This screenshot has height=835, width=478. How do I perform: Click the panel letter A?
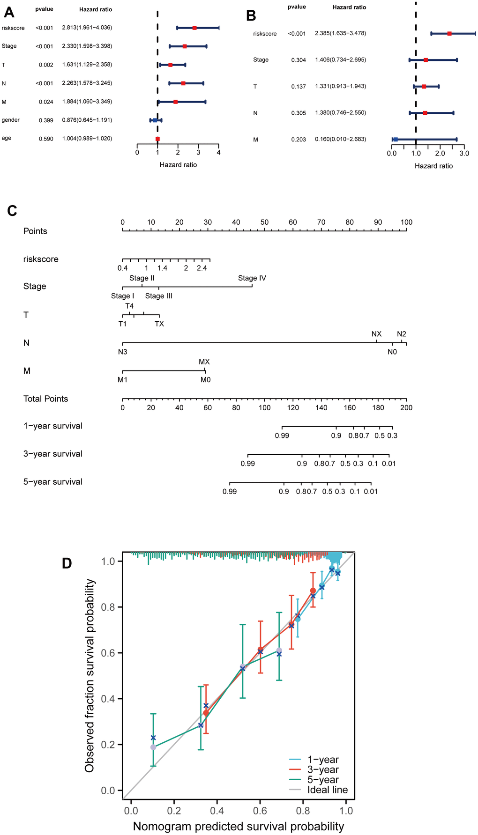[9, 12]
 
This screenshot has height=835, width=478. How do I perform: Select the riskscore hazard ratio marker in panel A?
[194, 28]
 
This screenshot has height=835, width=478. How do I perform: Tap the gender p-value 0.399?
[46, 120]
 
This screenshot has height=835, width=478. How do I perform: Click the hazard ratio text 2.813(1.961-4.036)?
[87, 28]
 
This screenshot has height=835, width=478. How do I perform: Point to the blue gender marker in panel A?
[155, 120]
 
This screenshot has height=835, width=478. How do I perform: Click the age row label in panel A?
[7, 138]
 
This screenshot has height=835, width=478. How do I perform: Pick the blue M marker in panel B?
[396, 140]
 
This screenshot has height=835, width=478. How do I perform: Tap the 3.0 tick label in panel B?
[464, 154]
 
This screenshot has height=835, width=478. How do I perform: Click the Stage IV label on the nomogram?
[252, 278]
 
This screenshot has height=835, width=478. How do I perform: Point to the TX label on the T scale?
[159, 324]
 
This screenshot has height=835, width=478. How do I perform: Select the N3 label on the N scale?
[122, 351]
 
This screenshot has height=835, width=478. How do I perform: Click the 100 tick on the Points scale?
[406, 222]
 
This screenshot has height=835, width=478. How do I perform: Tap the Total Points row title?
[45, 399]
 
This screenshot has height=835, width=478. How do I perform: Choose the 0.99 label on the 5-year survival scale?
[230, 491]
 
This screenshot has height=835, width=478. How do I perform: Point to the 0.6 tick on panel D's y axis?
[108, 653]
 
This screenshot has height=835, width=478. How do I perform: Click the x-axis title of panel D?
[238, 826]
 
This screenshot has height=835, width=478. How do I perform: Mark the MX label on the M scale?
[204, 362]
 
